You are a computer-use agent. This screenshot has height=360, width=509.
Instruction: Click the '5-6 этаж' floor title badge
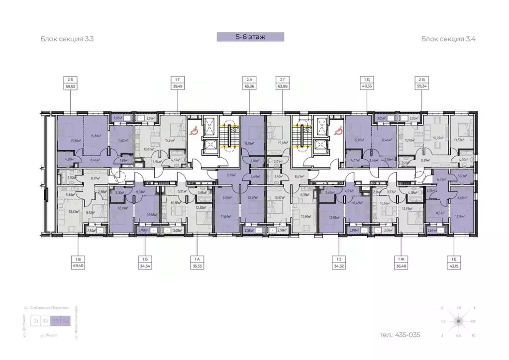click(x=250, y=36)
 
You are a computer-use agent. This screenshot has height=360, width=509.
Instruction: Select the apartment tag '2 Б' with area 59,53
click(x=69, y=82)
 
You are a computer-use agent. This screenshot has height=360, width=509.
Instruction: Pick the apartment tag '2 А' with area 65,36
click(x=249, y=82)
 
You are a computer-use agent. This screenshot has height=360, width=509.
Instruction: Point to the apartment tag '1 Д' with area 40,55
click(x=367, y=82)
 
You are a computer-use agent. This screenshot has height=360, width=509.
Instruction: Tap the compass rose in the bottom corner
click(x=456, y=322)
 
